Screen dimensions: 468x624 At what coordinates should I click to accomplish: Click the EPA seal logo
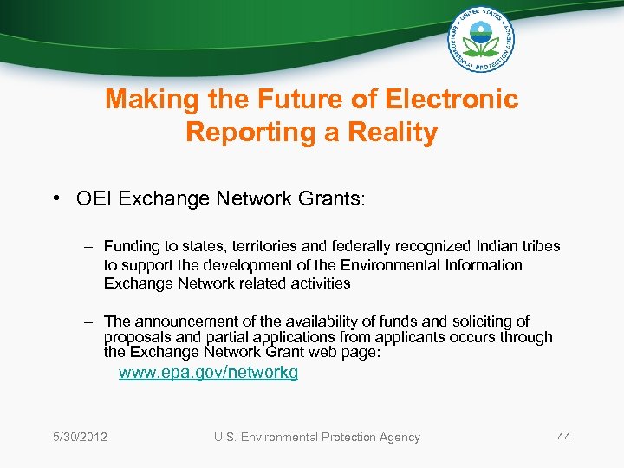(482, 39)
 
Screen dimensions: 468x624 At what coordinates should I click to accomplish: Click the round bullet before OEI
(56, 199)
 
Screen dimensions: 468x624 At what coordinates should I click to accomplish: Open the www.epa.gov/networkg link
(208, 373)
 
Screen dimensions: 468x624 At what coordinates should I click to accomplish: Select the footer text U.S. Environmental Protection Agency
(316, 437)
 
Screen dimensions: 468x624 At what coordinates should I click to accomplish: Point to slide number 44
(563, 437)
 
